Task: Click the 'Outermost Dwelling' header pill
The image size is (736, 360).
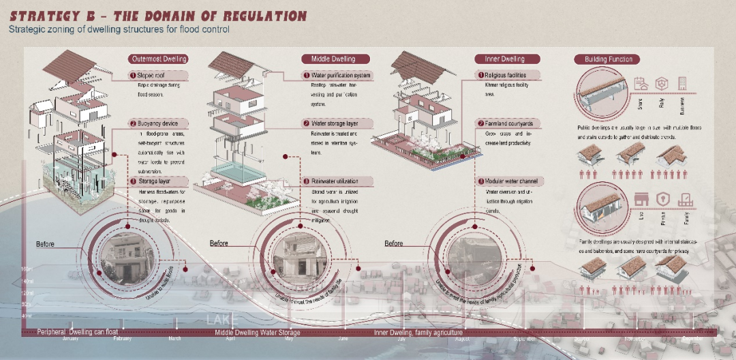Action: [157, 59]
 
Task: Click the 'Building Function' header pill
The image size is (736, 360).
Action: [607, 59]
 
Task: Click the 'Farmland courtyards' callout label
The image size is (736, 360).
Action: [508, 124]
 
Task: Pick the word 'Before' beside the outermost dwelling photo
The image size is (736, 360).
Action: [46, 243]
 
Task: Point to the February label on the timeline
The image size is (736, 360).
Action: [122, 339]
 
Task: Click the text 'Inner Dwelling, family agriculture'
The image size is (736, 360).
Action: [416, 332]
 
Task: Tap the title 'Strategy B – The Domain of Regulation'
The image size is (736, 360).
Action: [157, 16]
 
